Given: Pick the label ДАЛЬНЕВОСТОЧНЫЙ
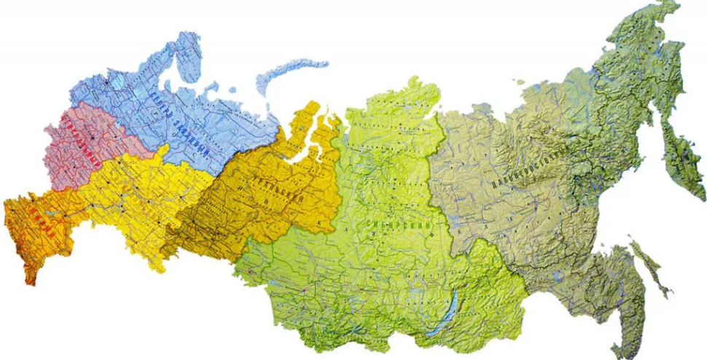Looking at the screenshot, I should tap(528, 168).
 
